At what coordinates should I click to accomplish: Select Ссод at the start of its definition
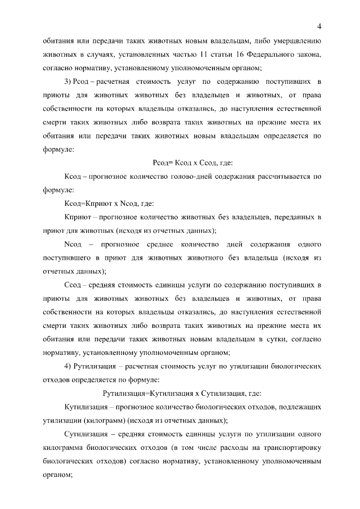[73, 287]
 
